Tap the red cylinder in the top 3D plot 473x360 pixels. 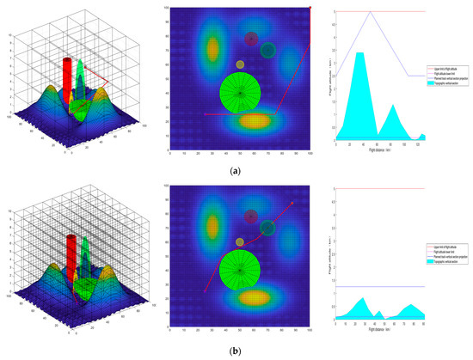(66, 86)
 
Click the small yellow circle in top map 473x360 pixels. (240, 64)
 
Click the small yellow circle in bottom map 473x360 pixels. (240, 243)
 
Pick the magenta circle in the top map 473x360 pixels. (251, 40)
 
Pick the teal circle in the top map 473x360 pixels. (268, 51)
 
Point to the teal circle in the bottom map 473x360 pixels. (268, 228)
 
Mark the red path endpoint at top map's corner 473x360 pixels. (310, 8)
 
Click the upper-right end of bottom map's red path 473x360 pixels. (293, 203)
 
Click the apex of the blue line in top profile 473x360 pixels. (370, 12)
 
